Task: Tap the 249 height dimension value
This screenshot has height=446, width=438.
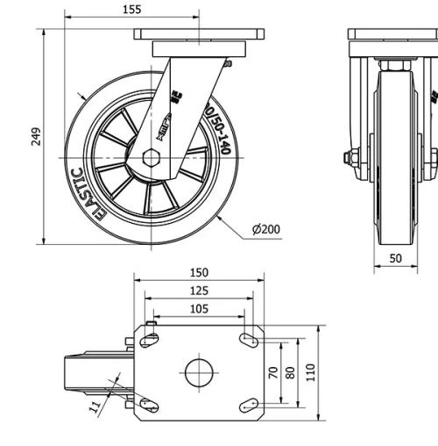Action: click(36, 137)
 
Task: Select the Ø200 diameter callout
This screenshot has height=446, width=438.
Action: click(266, 230)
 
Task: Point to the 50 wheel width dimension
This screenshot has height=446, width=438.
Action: click(395, 259)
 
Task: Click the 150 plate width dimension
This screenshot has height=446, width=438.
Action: click(199, 273)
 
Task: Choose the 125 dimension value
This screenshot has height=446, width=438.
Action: click(199, 290)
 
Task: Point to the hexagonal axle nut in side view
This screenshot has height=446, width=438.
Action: click(152, 160)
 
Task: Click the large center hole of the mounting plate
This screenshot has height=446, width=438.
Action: click(199, 372)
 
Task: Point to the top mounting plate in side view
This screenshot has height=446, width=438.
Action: click(199, 34)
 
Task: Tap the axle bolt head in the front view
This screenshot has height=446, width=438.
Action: click(348, 158)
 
